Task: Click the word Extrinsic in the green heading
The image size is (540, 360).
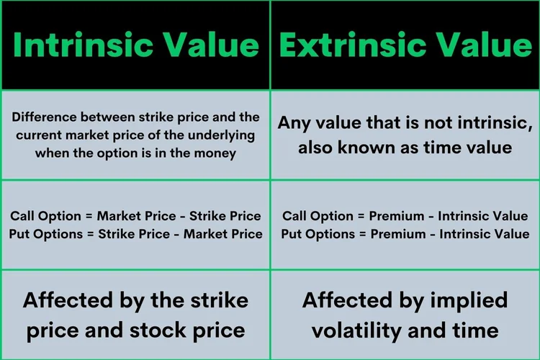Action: point(350,45)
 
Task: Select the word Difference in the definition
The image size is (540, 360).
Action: point(42,117)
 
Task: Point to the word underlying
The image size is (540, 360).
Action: point(228,135)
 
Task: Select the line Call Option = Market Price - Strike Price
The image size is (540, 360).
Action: point(135,216)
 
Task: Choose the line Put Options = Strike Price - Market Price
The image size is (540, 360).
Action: point(135,233)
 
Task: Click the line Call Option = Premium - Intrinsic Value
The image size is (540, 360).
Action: point(405,216)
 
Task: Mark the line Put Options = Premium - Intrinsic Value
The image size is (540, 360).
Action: point(405,233)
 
